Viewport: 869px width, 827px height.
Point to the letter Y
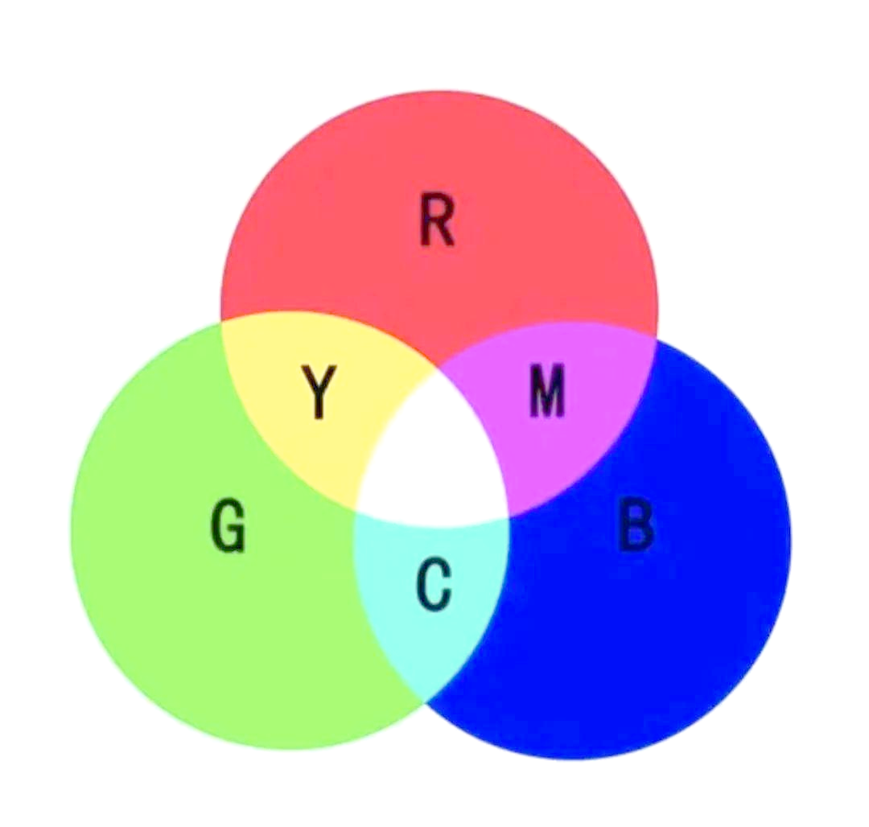pos(319,392)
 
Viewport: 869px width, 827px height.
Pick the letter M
pos(548,392)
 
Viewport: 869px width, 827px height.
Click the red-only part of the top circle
pos(439,161)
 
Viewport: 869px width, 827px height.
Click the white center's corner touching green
pos(356,508)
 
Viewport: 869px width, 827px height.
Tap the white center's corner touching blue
pos(509,515)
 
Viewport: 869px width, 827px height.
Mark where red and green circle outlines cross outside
pos(221,322)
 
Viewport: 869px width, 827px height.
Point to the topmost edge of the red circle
pos(439,90)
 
